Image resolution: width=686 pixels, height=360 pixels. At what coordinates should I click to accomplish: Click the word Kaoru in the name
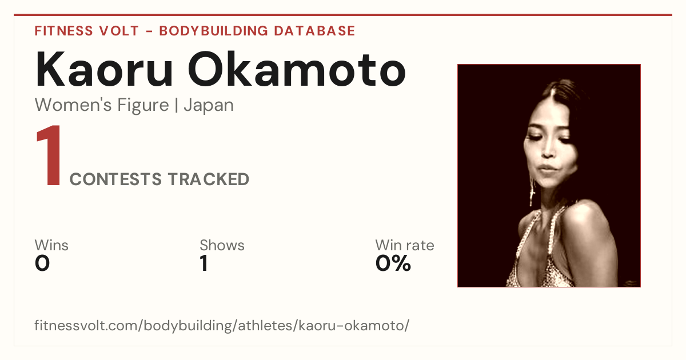pos(104,70)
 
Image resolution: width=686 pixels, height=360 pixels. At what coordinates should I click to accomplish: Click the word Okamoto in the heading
pos(297,70)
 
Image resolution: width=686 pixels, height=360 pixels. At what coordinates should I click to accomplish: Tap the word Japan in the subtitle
pos(209,106)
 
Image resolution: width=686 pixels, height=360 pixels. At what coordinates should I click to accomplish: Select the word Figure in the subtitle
pos(143,106)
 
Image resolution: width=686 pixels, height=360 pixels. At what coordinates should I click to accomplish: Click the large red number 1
pos(49,155)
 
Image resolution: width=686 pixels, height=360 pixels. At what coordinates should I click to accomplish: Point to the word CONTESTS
pos(115,179)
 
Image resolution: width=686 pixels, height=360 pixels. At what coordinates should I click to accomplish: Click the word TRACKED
pos(208,179)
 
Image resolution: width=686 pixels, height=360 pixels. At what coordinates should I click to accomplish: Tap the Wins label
pos(51,245)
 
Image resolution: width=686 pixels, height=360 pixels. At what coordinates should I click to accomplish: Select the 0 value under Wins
pos(42,263)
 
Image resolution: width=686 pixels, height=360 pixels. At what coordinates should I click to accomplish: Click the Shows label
pos(222,245)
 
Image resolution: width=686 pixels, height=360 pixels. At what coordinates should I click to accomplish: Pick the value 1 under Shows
pos(204,263)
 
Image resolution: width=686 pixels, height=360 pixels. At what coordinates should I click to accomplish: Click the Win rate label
pos(405,245)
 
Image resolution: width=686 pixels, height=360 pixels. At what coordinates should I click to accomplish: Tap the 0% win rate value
pos(393,263)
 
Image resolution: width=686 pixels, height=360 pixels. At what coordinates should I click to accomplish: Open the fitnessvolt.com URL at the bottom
pos(222,325)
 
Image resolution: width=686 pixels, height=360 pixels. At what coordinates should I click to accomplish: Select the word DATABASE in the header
pos(314,31)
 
